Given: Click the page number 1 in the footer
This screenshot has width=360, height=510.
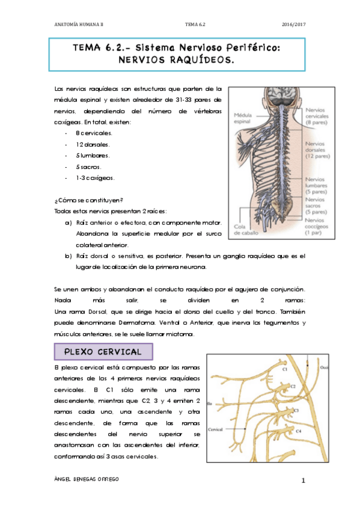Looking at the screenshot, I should [x=304, y=480].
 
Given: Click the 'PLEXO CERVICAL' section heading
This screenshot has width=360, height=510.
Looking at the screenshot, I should [x=103, y=351].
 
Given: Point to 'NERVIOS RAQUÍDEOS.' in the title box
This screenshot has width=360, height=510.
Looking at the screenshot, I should [x=177, y=60].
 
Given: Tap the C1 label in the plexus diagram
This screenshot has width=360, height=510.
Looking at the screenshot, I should [x=286, y=370].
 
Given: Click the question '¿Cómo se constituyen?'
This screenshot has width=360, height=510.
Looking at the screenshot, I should [x=88, y=200].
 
